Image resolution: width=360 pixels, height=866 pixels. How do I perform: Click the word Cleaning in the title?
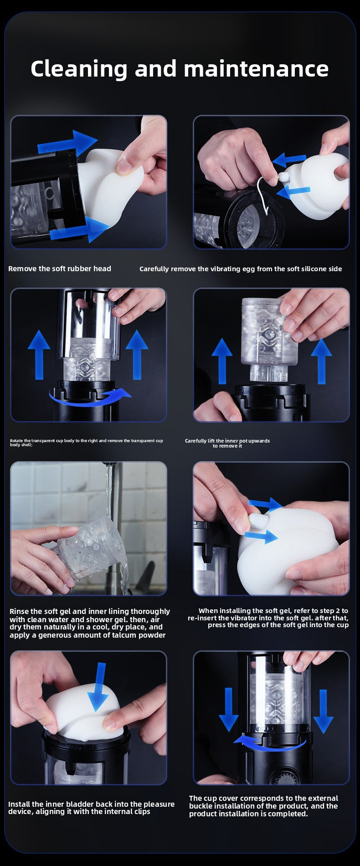click(79, 69)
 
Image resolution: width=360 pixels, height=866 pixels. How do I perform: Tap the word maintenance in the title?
click(256, 69)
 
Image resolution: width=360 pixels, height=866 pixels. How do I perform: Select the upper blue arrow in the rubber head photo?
click(67, 143)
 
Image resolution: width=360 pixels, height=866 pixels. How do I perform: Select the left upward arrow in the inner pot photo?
click(222, 361)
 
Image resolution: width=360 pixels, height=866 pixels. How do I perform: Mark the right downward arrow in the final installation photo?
click(324, 711)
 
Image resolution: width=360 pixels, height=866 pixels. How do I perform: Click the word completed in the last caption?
click(284, 814)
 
